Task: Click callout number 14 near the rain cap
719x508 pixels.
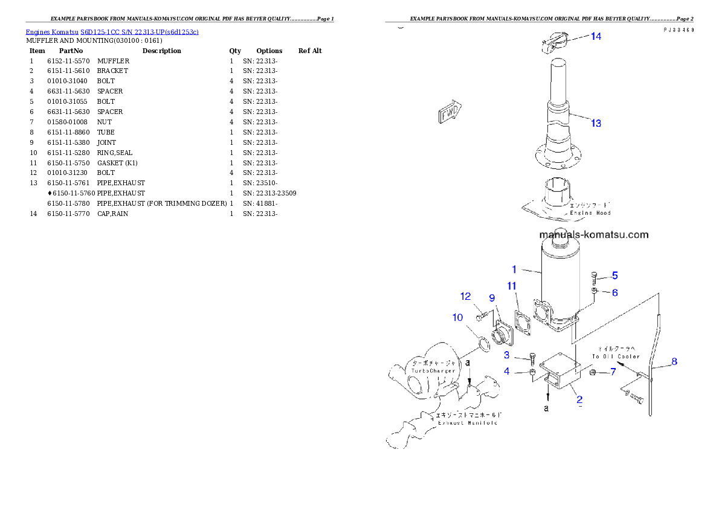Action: click(x=596, y=36)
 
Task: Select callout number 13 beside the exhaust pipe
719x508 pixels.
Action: click(x=596, y=123)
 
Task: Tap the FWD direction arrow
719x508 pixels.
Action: click(x=449, y=112)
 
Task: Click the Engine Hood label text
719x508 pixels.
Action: click(x=590, y=213)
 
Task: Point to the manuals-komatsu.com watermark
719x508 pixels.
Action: click(x=593, y=235)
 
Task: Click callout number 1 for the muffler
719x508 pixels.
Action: click(x=514, y=269)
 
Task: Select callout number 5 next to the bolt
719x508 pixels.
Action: click(x=614, y=276)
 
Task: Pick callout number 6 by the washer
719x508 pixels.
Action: click(x=614, y=292)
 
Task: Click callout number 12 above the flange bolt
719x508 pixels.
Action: click(x=465, y=296)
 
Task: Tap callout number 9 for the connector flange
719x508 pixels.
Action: click(x=492, y=297)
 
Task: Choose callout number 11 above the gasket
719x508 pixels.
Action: click(x=512, y=285)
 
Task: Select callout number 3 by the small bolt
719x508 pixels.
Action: click(x=507, y=355)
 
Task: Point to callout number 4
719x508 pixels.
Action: click(x=507, y=372)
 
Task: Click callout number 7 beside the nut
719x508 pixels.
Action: click(x=613, y=372)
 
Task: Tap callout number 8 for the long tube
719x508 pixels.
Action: click(x=674, y=361)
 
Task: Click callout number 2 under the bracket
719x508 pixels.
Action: click(x=579, y=399)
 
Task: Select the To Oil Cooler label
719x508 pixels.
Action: click(x=619, y=356)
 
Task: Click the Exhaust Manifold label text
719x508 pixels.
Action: click(x=468, y=423)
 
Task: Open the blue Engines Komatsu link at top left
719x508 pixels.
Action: click(x=112, y=31)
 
